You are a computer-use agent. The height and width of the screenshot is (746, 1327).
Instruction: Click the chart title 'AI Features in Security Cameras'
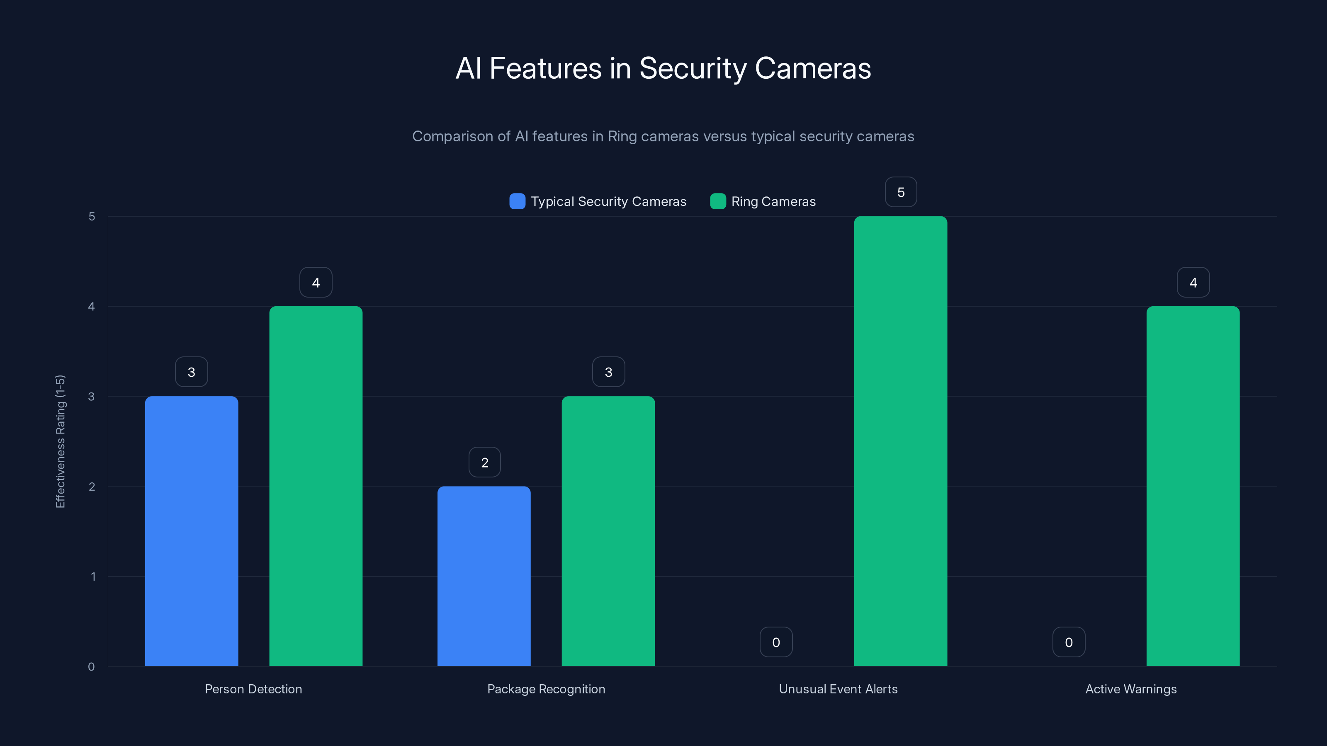click(663, 68)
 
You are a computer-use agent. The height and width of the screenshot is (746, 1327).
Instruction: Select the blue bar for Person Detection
click(191, 531)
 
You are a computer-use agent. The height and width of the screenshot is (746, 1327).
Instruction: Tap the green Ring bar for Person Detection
click(316, 486)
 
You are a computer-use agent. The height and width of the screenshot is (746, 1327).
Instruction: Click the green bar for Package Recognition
click(608, 531)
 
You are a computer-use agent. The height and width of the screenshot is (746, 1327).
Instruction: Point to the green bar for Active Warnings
click(1193, 486)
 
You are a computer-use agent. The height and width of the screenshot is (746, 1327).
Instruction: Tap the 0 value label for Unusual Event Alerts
click(776, 642)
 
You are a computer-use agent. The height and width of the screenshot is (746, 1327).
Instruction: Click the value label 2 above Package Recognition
click(484, 463)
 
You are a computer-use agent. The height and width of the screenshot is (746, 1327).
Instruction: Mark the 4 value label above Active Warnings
click(1193, 282)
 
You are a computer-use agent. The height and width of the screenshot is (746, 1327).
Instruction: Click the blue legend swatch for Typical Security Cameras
click(517, 201)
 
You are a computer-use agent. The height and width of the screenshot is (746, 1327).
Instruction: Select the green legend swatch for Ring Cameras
click(717, 201)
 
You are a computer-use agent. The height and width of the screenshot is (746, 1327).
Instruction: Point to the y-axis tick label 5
click(92, 216)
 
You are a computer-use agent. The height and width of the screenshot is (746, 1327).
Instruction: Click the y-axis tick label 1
click(93, 576)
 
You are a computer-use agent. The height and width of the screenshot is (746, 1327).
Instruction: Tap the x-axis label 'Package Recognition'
click(546, 689)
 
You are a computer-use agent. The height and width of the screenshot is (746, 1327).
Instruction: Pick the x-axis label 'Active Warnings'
click(1131, 689)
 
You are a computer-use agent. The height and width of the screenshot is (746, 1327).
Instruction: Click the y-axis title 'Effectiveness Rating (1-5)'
click(60, 441)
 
